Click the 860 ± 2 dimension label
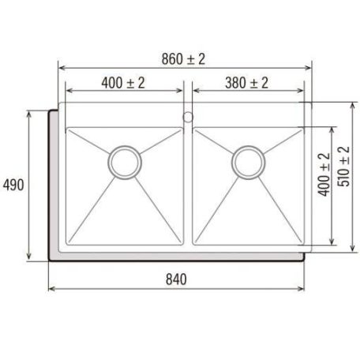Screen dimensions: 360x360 click(x=183, y=59)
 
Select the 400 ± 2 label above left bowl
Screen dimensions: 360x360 click(x=123, y=83)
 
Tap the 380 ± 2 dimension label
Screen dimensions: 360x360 click(x=247, y=83)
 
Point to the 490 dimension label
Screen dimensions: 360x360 click(x=13, y=185)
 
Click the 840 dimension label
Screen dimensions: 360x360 click(x=176, y=279)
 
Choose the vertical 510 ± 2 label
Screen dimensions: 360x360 click(x=344, y=167)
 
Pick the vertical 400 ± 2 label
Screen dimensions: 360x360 click(x=324, y=174)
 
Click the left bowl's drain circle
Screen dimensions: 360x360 click(x=125, y=163)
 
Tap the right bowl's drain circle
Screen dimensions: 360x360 click(x=249, y=163)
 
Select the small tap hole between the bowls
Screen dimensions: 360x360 click(x=188, y=117)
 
